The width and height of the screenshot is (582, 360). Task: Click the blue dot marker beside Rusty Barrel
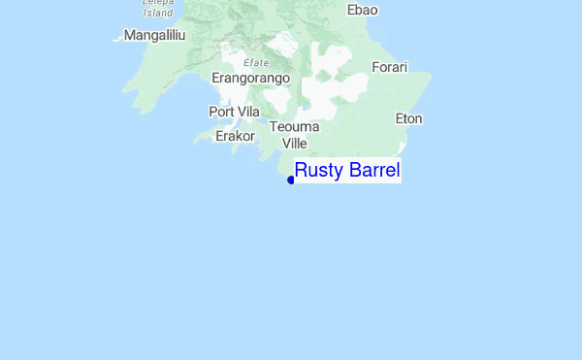[291, 180]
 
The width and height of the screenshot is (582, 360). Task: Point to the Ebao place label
[362, 10]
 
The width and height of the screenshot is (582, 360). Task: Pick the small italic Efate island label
[256, 61]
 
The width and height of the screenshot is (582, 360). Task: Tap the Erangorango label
[250, 78]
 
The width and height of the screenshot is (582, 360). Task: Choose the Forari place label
[390, 67]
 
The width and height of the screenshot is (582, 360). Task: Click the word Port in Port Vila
[222, 112]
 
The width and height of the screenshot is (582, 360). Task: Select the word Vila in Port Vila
[249, 112]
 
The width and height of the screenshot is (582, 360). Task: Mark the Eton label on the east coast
[409, 118]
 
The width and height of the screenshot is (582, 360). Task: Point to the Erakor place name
[235, 136]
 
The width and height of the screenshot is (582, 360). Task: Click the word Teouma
[295, 127]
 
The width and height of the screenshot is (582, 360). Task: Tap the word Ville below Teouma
[294, 144]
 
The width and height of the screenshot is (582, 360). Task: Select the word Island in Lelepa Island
[158, 14]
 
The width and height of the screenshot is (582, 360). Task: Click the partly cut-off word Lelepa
[157, 3]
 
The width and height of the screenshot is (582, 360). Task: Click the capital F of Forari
[376, 67]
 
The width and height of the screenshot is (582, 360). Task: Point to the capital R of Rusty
[301, 171]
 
